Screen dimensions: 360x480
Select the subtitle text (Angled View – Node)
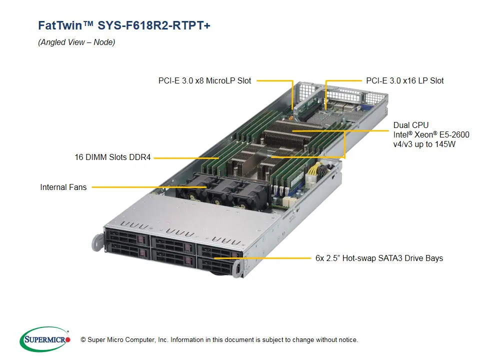(76, 42)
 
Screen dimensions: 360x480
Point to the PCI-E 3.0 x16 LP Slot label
(404, 80)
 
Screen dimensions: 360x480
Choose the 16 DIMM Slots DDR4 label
(112, 157)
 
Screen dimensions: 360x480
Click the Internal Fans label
(63, 187)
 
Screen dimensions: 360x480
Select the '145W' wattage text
(444, 144)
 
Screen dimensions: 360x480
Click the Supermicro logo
(44, 339)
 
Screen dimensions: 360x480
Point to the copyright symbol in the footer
(83, 340)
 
